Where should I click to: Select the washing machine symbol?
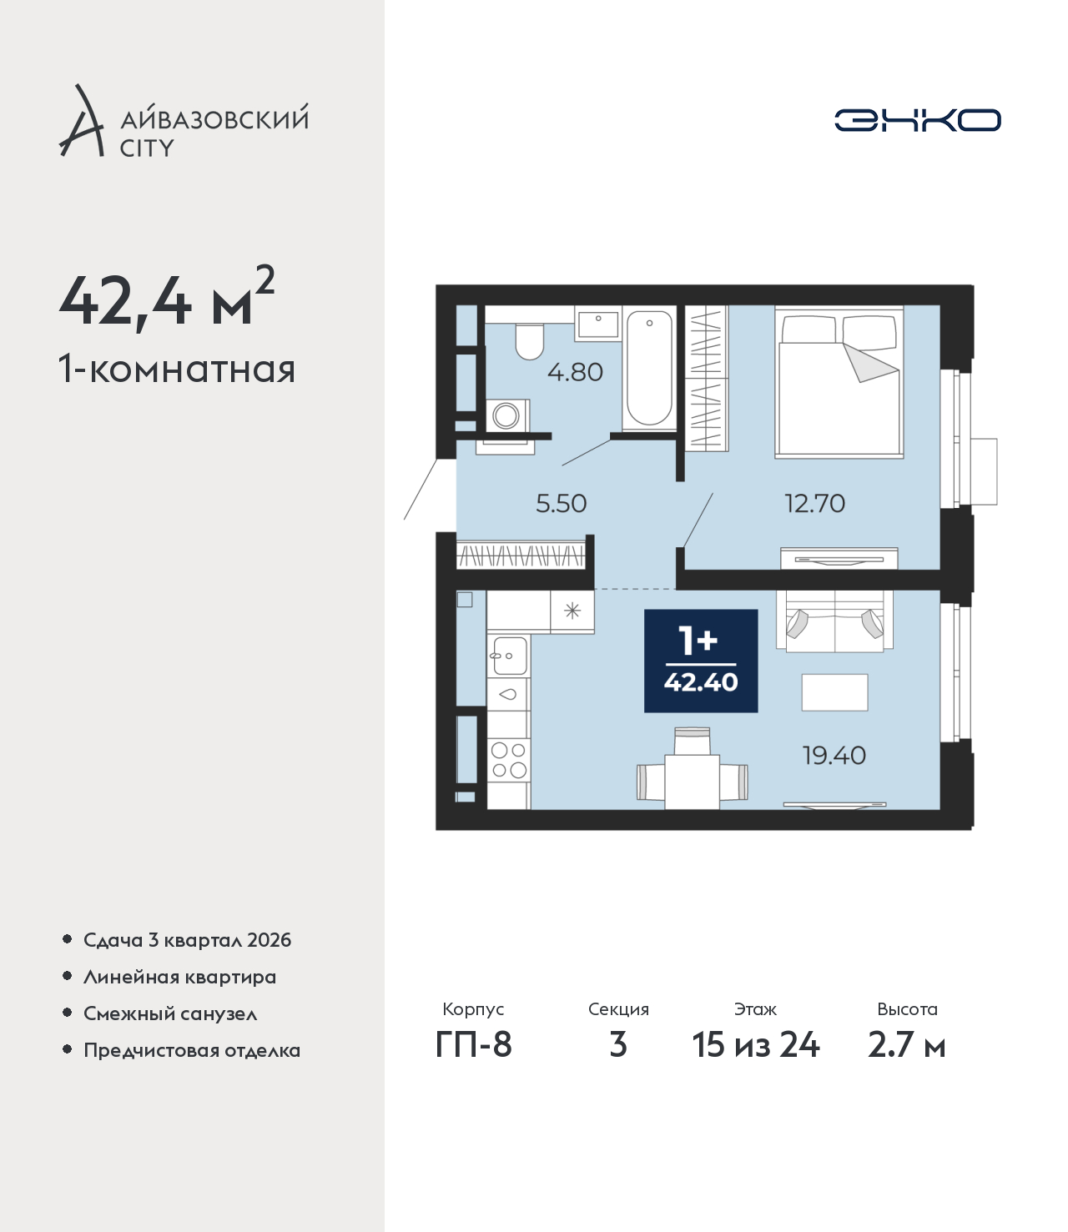506,415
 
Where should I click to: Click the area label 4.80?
575,373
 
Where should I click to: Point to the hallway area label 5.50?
561,504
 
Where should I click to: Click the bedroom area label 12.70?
814,504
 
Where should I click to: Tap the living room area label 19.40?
834,756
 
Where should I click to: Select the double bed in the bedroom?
839,382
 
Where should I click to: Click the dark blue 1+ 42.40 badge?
701,661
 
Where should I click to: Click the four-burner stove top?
509,760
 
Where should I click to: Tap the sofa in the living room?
834,621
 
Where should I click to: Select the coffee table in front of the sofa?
834,692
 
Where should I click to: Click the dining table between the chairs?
692,782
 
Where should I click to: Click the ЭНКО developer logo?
917,120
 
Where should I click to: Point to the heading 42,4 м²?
167,297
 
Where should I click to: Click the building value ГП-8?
473,1044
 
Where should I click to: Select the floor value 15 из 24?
756,1044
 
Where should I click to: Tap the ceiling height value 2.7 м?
906,1044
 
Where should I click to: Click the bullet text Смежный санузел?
170,1013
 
